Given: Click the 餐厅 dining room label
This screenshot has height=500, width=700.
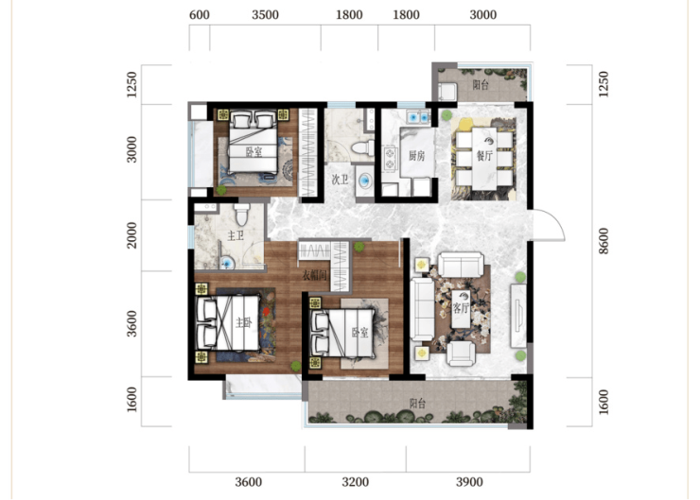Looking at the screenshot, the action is click(x=484, y=156).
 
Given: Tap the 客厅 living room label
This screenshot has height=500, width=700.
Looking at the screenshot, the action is click(x=461, y=308).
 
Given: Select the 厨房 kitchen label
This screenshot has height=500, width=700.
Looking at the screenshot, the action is click(x=416, y=156).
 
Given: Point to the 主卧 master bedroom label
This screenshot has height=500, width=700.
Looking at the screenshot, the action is click(x=244, y=322).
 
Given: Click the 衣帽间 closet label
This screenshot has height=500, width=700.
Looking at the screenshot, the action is click(x=315, y=275).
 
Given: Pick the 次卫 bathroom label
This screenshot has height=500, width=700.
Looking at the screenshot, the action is click(x=340, y=180).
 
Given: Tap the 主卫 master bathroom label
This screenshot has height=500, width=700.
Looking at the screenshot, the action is click(x=236, y=235).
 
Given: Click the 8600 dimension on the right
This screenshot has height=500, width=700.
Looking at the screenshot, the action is click(x=604, y=241).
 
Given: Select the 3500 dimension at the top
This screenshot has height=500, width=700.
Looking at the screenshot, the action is click(x=265, y=15).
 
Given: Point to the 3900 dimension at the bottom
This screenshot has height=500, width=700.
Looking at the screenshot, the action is click(x=469, y=482).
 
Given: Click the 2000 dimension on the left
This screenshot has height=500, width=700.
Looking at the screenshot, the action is click(x=132, y=235).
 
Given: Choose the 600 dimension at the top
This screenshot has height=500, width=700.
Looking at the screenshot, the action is click(x=199, y=15).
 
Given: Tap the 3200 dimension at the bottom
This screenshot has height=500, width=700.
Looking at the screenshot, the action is click(x=356, y=482).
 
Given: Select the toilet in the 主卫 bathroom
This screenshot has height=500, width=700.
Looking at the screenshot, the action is click(x=242, y=215).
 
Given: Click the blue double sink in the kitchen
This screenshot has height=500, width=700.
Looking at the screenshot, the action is click(x=418, y=117).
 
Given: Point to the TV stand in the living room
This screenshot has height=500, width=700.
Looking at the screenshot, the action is click(x=518, y=316).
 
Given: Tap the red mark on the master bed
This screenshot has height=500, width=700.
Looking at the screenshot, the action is click(x=266, y=311).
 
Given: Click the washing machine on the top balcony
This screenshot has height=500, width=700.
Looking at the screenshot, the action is click(x=447, y=92).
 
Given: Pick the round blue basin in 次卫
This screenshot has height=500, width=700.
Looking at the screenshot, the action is click(x=366, y=181).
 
